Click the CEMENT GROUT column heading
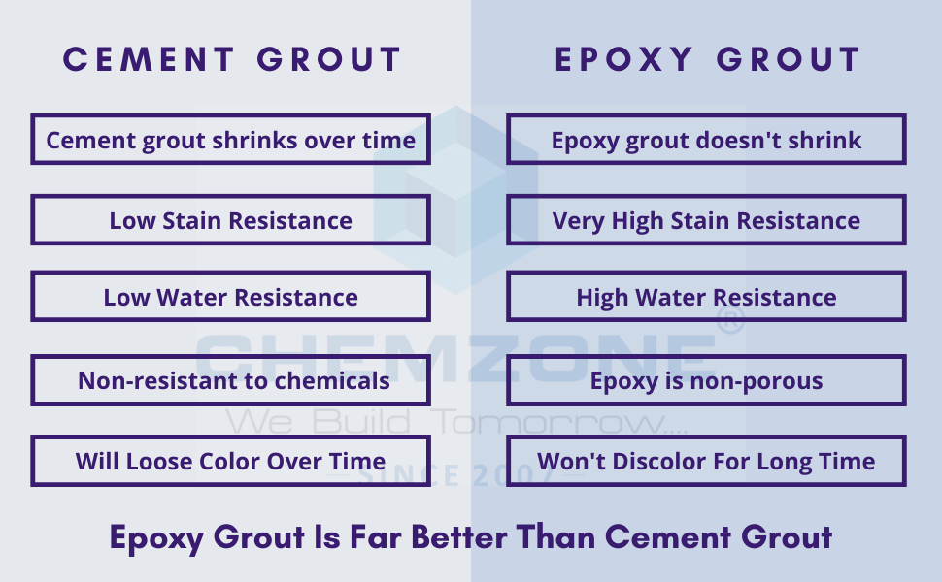click(x=231, y=60)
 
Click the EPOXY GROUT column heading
click(x=707, y=60)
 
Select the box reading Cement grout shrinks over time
click(x=230, y=140)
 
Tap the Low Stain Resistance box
click(x=230, y=220)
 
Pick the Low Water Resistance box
click(x=230, y=297)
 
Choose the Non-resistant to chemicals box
click(x=230, y=380)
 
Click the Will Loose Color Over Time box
click(x=230, y=461)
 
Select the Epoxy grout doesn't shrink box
click(x=706, y=140)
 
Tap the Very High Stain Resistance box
click(x=706, y=220)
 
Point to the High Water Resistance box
click(x=706, y=297)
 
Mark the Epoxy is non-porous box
click(x=706, y=380)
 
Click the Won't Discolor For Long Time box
click(x=706, y=461)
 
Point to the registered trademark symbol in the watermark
click(x=729, y=321)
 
